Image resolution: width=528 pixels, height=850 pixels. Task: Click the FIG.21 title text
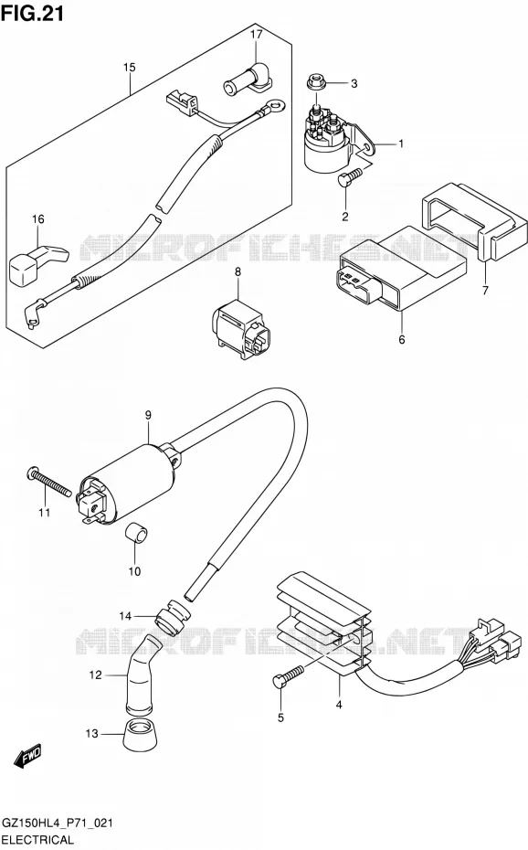point(32,13)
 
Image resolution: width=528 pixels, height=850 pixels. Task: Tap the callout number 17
point(256,35)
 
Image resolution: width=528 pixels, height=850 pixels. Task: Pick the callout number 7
point(485,290)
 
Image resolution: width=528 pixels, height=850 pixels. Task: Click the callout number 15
point(129,68)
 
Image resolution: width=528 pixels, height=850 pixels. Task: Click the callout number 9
point(148,416)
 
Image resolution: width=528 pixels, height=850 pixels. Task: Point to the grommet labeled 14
point(173,617)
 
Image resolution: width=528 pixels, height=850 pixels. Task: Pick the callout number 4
point(339,706)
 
